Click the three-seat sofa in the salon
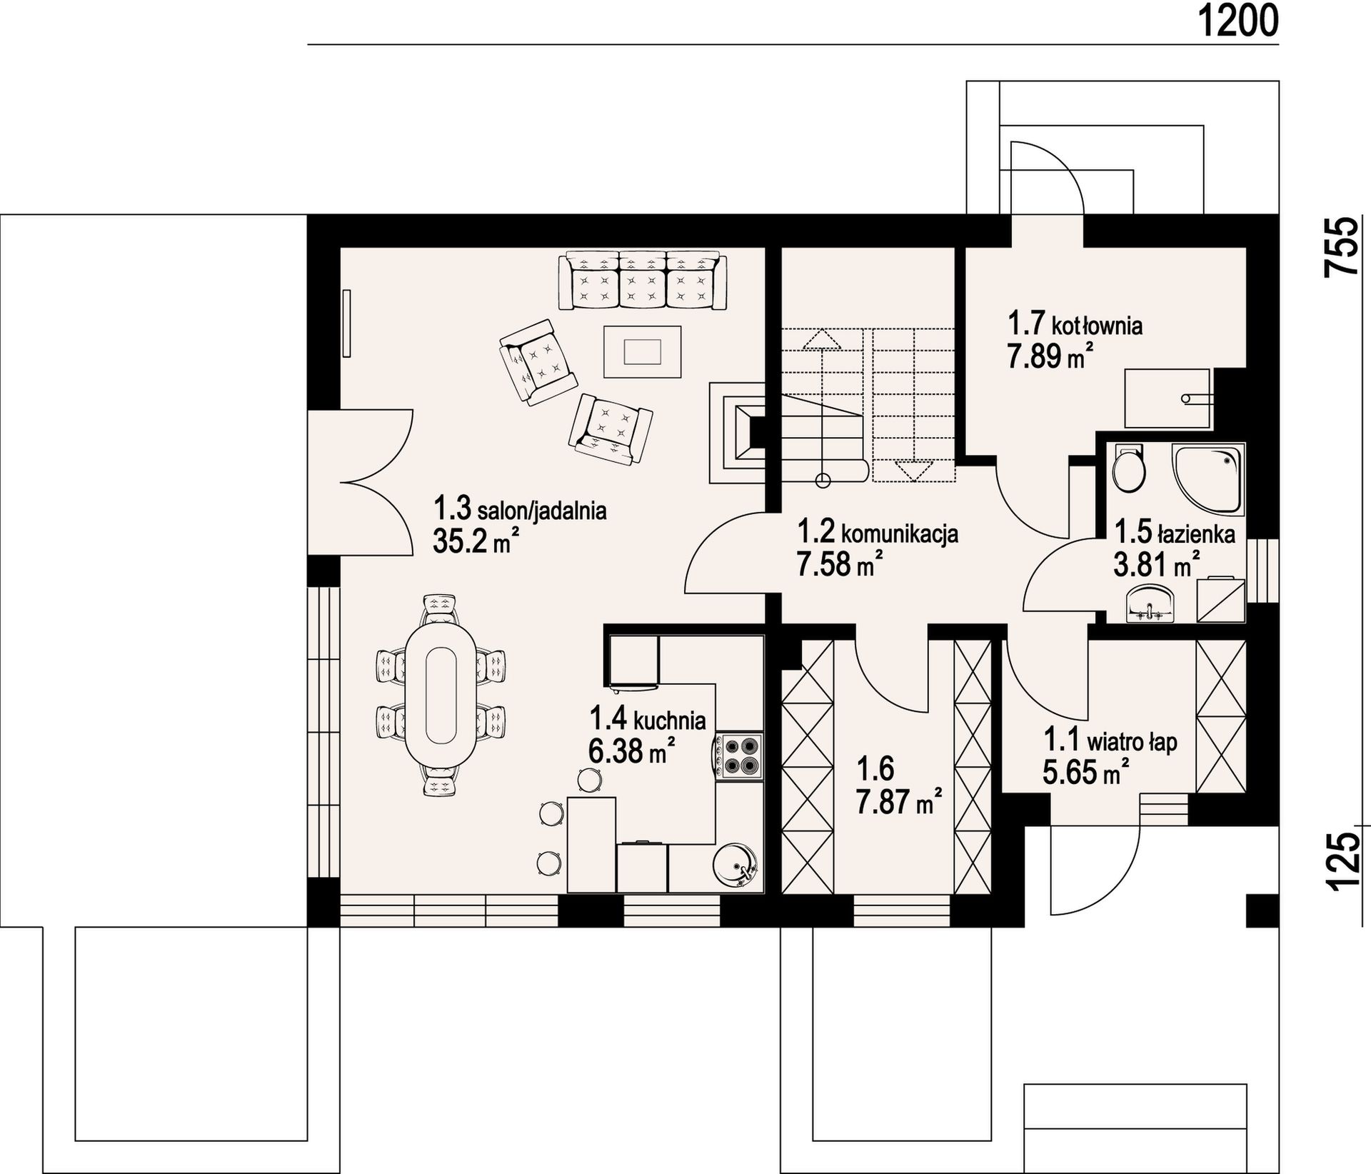pos(642,279)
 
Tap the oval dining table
pos(441,694)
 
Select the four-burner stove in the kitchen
pos(739,756)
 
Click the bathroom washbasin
pos(1150,603)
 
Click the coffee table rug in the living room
pos(642,351)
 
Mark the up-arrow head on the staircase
pos(822,338)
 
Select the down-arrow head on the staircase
pos(913,471)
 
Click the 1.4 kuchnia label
pos(647,719)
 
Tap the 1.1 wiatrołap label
pos(1110,741)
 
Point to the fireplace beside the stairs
pos(736,433)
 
